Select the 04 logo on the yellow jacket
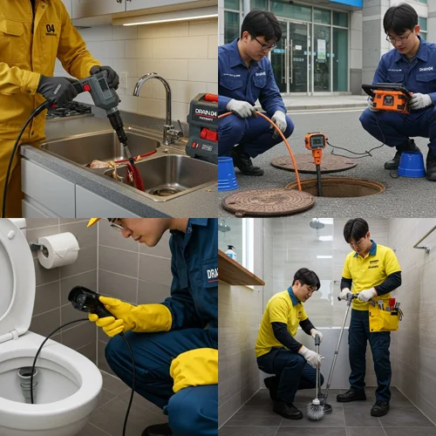[51, 29]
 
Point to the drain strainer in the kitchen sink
[164, 190]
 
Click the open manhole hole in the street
[335, 187]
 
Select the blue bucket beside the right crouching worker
[412, 164]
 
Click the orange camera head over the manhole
[315, 142]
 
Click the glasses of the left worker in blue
[264, 44]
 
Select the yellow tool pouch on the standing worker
[384, 317]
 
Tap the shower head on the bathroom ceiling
[317, 224]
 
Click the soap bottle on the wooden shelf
[230, 252]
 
